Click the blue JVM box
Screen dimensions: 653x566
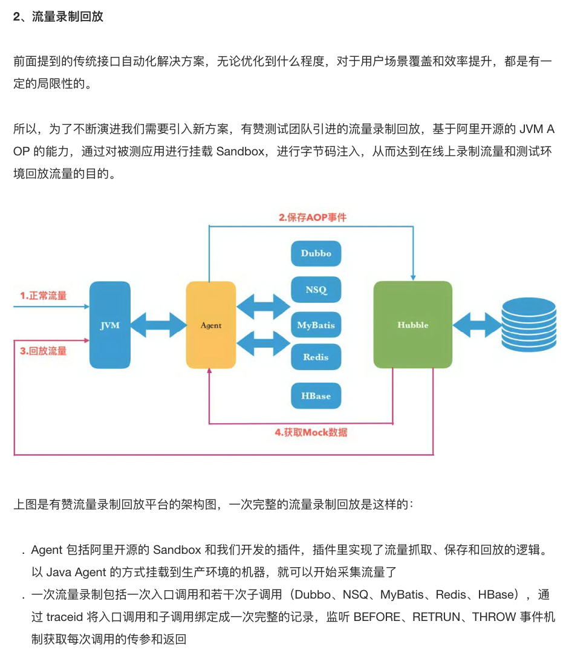(x=110, y=325)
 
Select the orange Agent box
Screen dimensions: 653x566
(x=210, y=325)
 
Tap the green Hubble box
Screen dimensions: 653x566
(x=412, y=325)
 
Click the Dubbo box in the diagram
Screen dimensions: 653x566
(x=316, y=253)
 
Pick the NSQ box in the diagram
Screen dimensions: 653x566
(x=316, y=290)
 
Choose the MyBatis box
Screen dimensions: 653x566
(x=316, y=325)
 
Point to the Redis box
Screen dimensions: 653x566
(x=316, y=357)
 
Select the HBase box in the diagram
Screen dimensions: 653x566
(x=316, y=396)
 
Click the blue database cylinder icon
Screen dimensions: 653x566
(x=529, y=325)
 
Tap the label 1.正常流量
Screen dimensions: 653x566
(x=43, y=296)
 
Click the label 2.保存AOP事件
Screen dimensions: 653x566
(x=312, y=217)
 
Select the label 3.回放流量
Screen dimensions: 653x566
(x=43, y=351)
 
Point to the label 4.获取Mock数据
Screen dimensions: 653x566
(x=311, y=432)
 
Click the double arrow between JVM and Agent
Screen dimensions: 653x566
(x=158, y=325)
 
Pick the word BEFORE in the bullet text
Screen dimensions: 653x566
(x=377, y=617)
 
